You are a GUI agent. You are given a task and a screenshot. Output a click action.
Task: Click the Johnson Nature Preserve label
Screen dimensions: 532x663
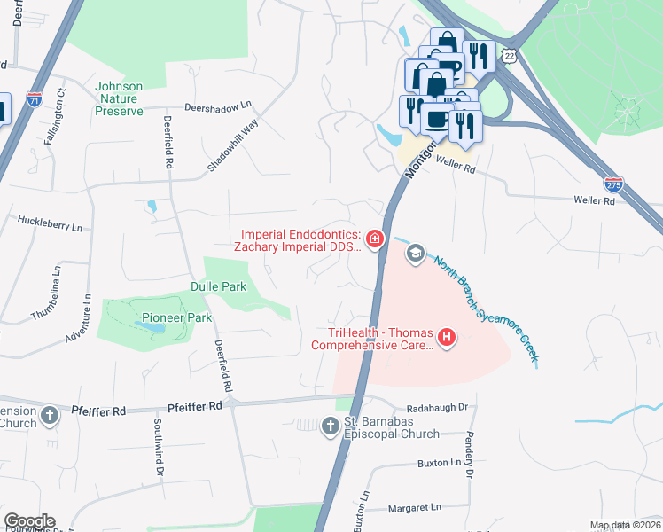click(119, 98)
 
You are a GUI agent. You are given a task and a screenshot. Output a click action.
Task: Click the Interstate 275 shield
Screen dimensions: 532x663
click(612, 184)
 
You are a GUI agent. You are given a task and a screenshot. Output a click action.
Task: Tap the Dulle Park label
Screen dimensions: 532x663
click(218, 286)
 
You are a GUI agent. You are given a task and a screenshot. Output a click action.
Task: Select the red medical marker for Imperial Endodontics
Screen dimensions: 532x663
click(375, 239)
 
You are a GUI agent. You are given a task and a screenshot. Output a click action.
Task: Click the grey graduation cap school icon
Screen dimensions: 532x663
click(414, 255)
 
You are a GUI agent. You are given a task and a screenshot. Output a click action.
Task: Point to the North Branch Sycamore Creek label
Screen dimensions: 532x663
click(486, 310)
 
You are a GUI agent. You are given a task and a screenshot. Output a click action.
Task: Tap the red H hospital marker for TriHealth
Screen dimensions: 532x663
click(448, 337)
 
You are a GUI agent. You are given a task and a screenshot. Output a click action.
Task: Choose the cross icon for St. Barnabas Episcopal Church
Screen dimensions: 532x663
click(329, 427)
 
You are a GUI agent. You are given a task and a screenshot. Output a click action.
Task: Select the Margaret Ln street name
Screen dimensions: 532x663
click(415, 508)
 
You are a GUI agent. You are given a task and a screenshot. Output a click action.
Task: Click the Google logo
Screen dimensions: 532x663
click(29, 521)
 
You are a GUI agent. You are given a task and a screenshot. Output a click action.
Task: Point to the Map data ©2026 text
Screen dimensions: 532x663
click(625, 525)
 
